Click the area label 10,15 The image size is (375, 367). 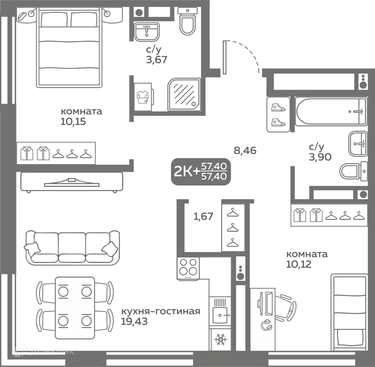[73, 122]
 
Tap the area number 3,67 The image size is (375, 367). [157, 60]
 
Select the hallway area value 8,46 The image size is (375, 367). [245, 151]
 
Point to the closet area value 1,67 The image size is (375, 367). [203, 216]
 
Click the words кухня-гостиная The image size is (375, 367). [160, 311]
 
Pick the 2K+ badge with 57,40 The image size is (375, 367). [201, 171]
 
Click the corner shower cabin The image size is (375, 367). [184, 94]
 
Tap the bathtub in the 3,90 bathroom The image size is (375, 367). [331, 111]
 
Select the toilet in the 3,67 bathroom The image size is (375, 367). [187, 22]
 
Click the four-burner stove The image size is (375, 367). [188, 268]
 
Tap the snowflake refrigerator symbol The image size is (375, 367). [220, 339]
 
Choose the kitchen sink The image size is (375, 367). [220, 311]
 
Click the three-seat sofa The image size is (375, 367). [72, 248]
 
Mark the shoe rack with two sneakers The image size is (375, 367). [278, 115]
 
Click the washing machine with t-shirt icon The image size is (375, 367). [143, 97]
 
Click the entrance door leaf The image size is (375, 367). [224, 57]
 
